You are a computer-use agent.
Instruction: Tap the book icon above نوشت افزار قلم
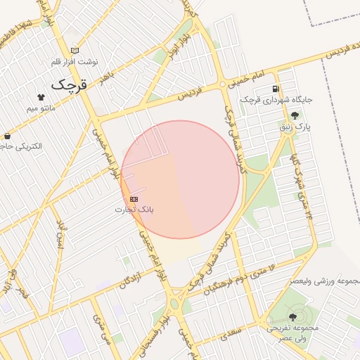tap(75, 51)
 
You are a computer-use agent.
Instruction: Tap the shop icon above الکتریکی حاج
tap(8, 136)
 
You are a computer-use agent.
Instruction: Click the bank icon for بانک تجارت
tap(134, 199)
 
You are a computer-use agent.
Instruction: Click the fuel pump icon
tap(275, 89)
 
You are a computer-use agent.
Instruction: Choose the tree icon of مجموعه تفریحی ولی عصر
tap(292, 318)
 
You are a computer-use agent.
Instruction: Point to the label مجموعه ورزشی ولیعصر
tap(324, 281)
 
